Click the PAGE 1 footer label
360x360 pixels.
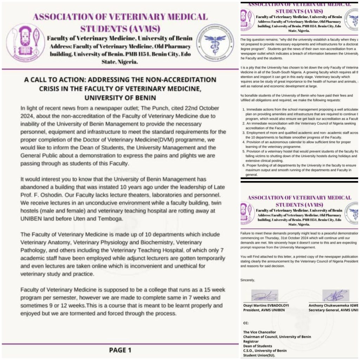[x=120, y=350]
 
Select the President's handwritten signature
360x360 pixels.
[x=264, y=295]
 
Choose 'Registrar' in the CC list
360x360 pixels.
[x=253, y=341]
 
